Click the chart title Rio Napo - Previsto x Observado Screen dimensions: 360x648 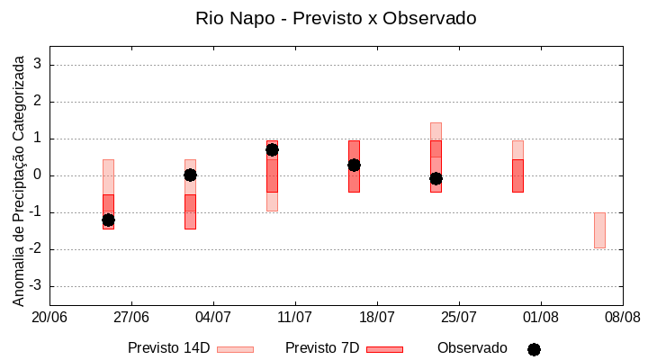click(336, 18)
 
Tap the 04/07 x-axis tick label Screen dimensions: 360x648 click(213, 317)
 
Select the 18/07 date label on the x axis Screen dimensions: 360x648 click(377, 317)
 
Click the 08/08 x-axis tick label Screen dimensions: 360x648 click(622, 317)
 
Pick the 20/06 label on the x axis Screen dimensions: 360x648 click(49, 317)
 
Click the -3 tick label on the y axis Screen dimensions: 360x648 click(37, 286)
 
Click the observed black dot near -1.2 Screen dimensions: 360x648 click(108, 220)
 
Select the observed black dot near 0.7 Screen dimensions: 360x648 click(272, 149)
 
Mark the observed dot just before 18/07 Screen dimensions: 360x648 click(354, 165)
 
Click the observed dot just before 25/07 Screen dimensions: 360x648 click(436, 178)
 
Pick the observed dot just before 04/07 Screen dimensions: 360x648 click(190, 175)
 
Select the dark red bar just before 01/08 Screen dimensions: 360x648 click(517, 175)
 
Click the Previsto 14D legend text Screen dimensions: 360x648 click(168, 348)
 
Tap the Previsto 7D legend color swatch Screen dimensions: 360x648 click(384, 349)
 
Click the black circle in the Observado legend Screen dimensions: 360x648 click(534, 349)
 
